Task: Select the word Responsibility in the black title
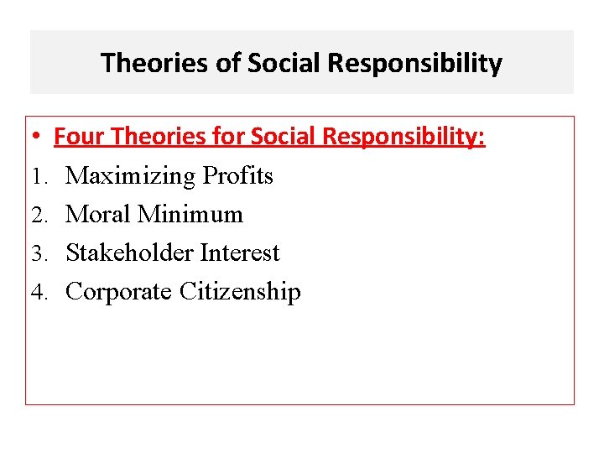[416, 63]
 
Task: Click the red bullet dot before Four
[39, 137]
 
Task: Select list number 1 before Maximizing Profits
[38, 176]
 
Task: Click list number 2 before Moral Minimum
[38, 215]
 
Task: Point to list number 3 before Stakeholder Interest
[38, 253]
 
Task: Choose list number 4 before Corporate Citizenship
[38, 292]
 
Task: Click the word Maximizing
[131, 176]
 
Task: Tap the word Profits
[238, 175]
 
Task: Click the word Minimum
[190, 214]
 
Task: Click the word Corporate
[118, 292]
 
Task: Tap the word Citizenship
[239, 292]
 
